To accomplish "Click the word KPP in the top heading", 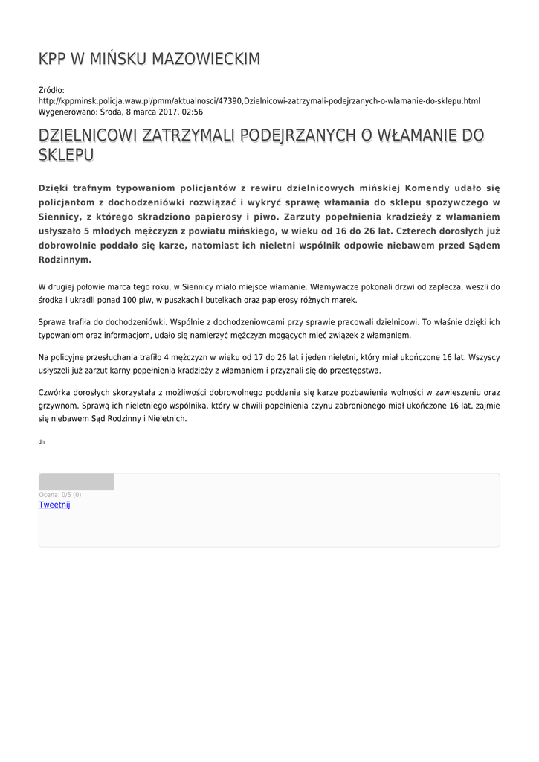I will pyautogui.click(x=52, y=59).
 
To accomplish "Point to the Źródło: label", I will pyautogui.click(x=51, y=90).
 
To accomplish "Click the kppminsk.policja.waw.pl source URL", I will pyautogui.click(x=259, y=100).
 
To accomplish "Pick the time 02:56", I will pyautogui.click(x=192, y=112).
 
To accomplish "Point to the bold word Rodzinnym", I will pyautogui.click(x=64, y=260).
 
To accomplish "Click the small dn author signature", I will pyautogui.click(x=42, y=442).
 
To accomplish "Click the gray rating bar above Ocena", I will pyautogui.click(x=76, y=481).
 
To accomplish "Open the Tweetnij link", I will pyautogui.click(x=54, y=505).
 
